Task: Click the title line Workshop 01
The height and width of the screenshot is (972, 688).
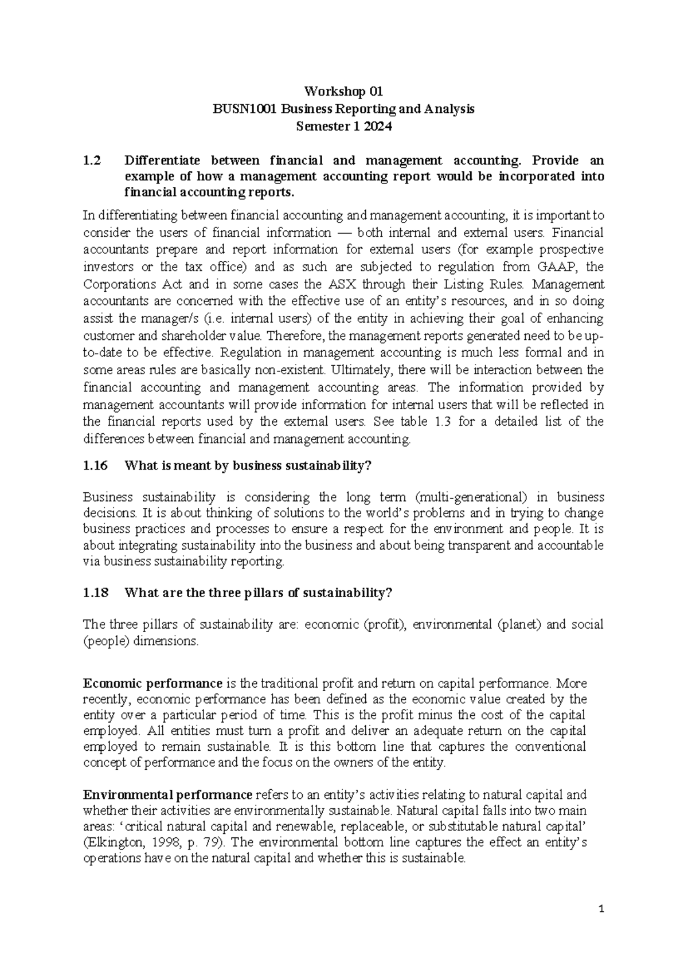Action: (x=343, y=92)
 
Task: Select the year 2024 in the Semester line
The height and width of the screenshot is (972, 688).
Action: (x=377, y=127)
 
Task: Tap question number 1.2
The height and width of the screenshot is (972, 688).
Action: (x=92, y=160)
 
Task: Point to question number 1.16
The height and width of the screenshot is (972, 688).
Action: (x=95, y=466)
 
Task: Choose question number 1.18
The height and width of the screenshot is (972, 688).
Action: (x=95, y=593)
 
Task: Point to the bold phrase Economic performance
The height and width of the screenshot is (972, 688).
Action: (x=153, y=684)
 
